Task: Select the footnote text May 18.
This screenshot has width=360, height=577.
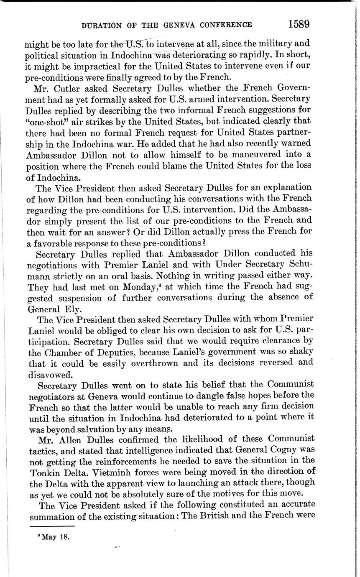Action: click(x=55, y=537)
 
